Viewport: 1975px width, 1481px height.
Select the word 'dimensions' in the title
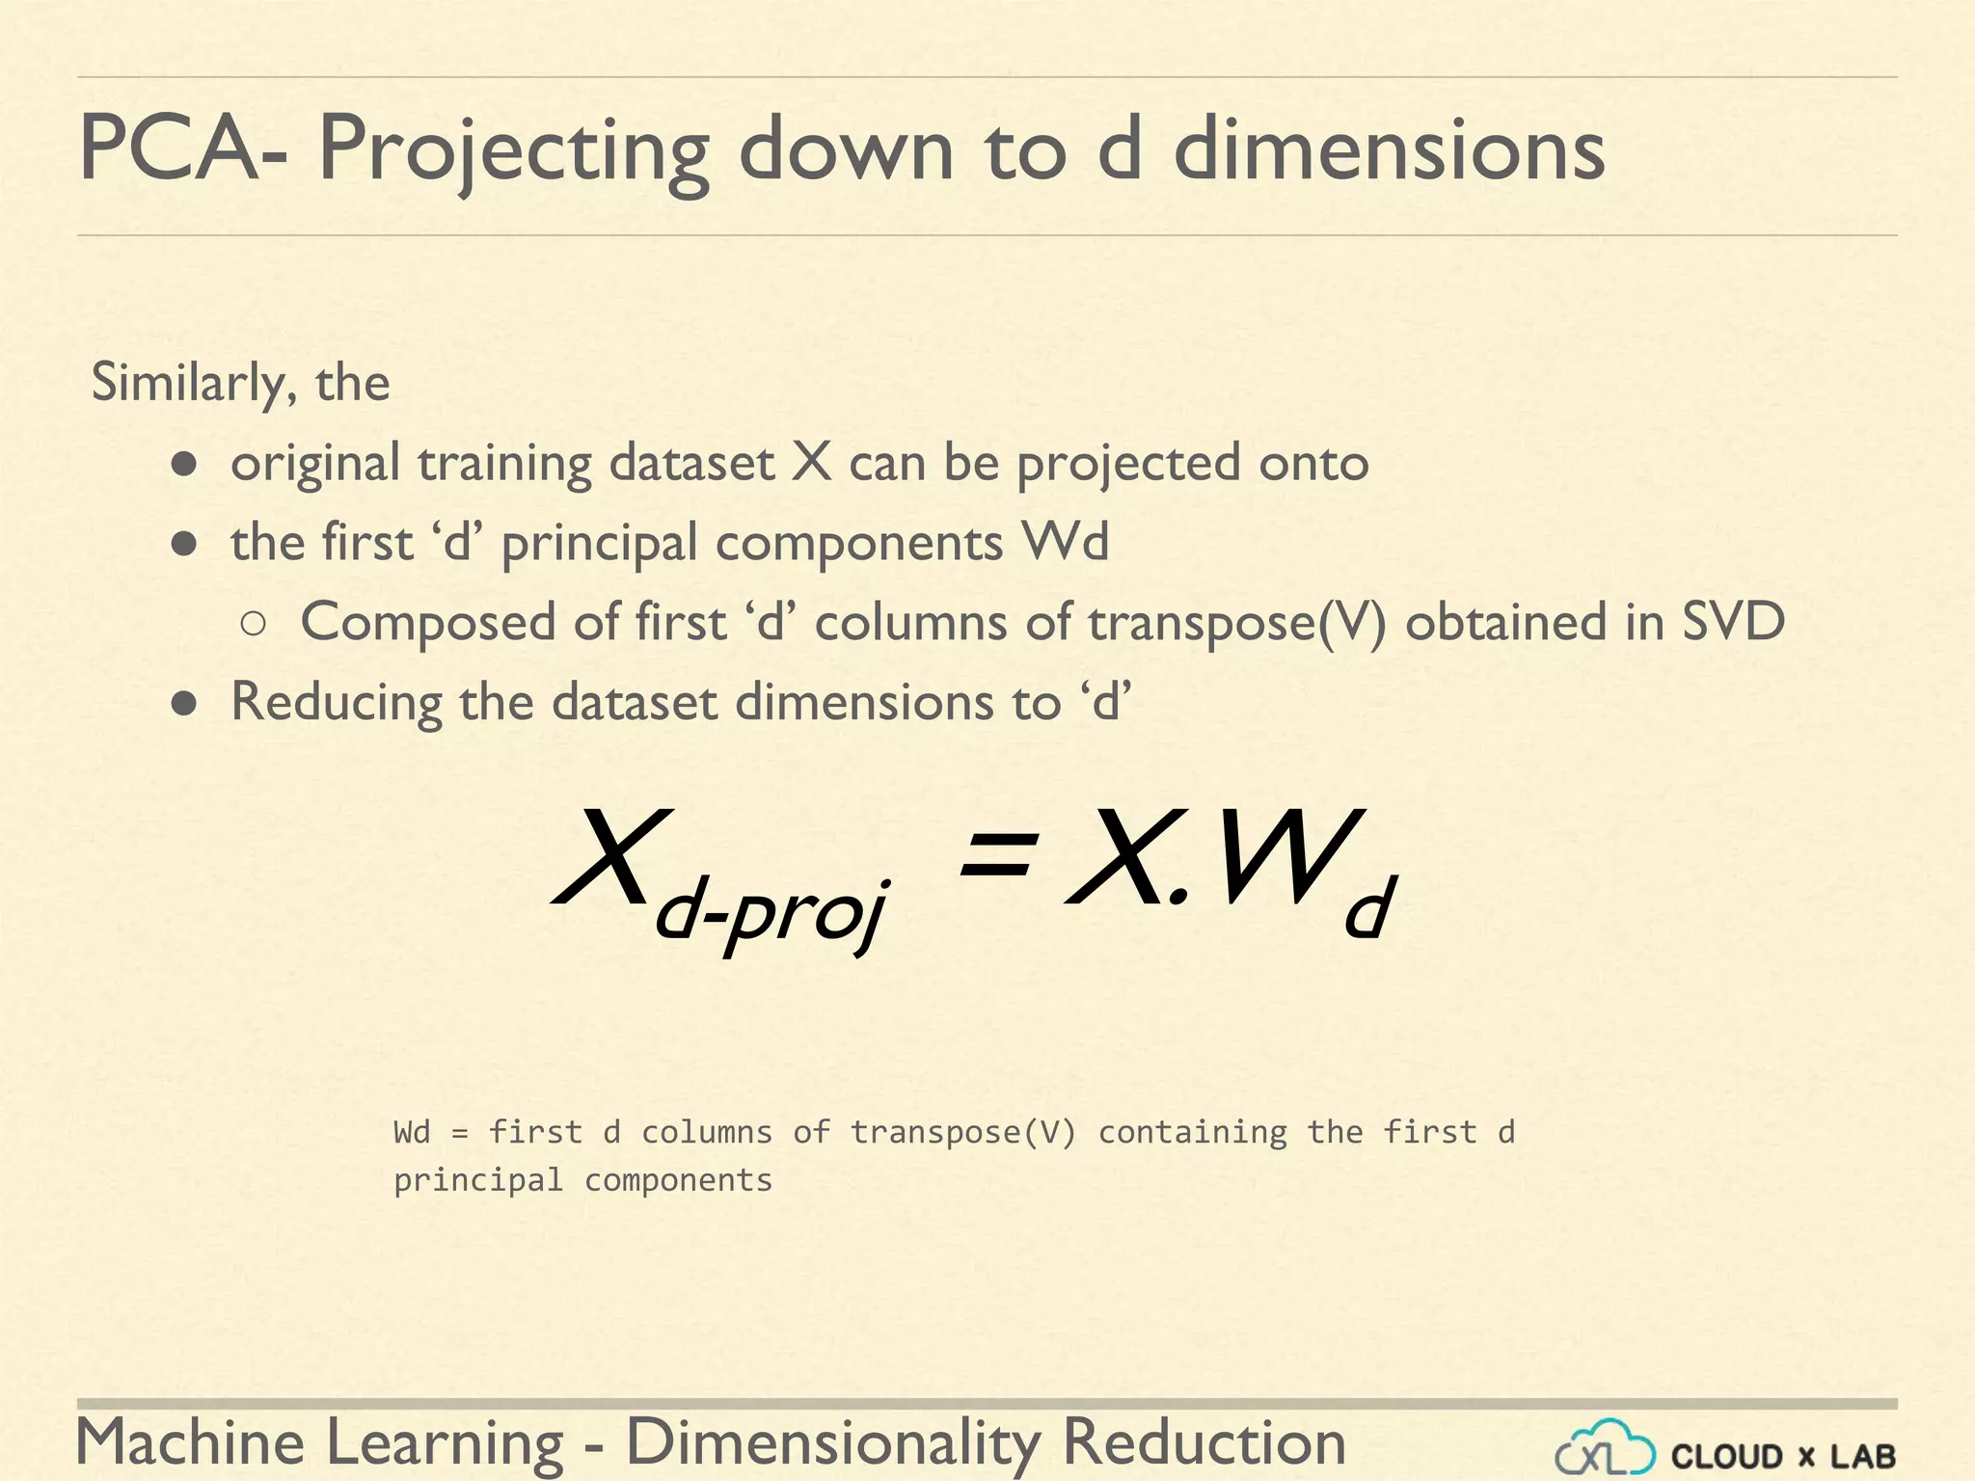click(1389, 149)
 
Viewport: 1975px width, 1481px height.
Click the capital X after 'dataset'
click(811, 462)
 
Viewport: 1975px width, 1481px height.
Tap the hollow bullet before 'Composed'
click(254, 624)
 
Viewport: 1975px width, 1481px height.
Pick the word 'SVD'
click(1733, 621)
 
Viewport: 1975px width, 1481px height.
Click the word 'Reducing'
click(335, 702)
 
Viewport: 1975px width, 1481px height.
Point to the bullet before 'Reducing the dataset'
click(184, 704)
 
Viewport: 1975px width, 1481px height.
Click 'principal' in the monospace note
click(478, 1180)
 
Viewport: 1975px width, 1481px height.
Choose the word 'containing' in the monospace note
click(1193, 1132)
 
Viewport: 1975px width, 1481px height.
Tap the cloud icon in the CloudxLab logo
click(1606, 1448)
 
